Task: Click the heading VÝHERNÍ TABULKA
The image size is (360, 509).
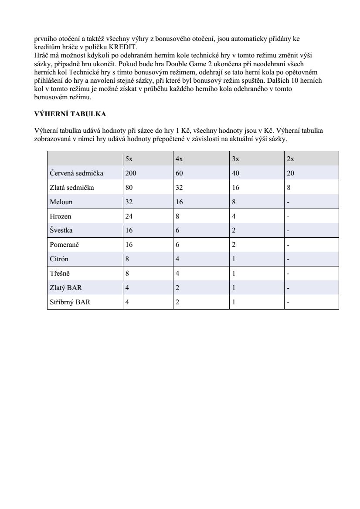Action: (x=70, y=114)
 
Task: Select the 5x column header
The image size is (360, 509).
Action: (x=129, y=159)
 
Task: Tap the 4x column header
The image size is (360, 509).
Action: (x=179, y=159)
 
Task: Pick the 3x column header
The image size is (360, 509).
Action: (x=235, y=159)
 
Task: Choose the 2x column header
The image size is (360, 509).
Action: (x=290, y=159)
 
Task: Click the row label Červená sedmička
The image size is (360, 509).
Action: (x=76, y=173)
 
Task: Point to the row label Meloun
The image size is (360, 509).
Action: (x=61, y=202)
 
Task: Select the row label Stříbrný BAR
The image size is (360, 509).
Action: (x=70, y=302)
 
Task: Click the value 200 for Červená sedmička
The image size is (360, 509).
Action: (x=131, y=173)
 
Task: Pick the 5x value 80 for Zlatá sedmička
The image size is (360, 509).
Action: (x=129, y=188)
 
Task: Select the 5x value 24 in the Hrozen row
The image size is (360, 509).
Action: (x=129, y=216)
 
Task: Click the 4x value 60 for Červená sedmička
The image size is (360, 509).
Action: (x=179, y=173)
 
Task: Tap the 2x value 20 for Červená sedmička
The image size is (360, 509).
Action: (x=291, y=173)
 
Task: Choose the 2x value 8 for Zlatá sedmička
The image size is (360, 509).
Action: (x=289, y=188)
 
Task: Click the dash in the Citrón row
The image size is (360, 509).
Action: (x=288, y=259)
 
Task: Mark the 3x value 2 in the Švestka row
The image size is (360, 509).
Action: (x=234, y=230)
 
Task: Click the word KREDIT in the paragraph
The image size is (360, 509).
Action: (x=125, y=47)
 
